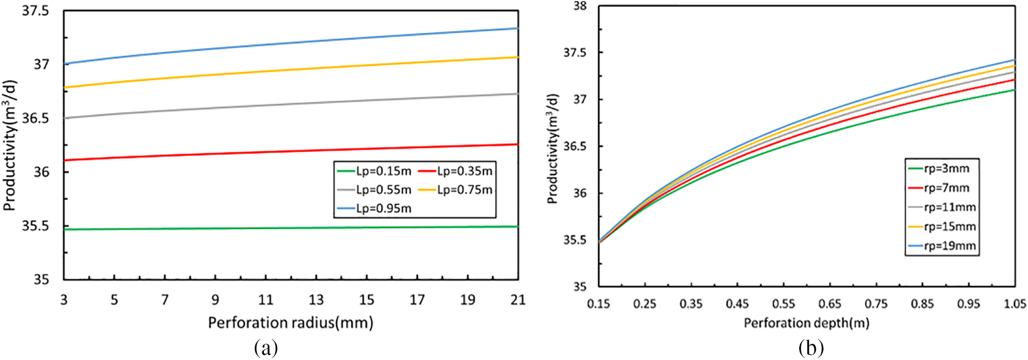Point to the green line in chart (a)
tap(291, 228)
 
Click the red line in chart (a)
tap(291, 151)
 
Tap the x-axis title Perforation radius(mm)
tap(290, 323)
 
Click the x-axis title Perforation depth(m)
tap(806, 323)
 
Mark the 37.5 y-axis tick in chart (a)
tap(35, 11)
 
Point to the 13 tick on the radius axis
tap(316, 300)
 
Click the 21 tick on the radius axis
tap(518, 300)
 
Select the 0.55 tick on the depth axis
tap(783, 304)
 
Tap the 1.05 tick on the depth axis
tap(1015, 304)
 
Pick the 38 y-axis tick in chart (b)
tap(580, 6)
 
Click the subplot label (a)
tap(265, 348)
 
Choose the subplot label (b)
tap(811, 348)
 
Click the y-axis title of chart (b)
tap(552, 148)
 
